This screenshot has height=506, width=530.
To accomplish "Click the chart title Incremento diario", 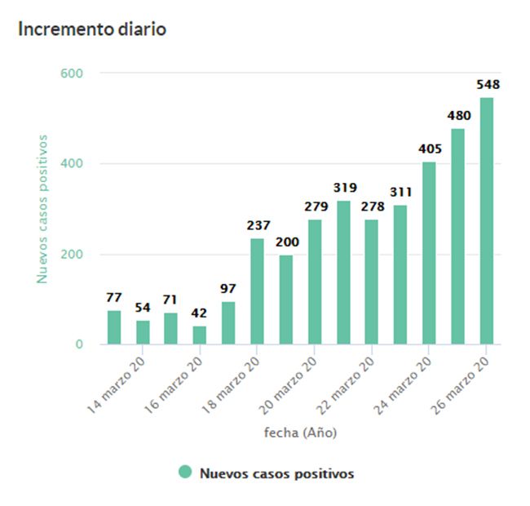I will point(92,29).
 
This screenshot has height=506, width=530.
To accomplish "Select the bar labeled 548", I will point(486,221).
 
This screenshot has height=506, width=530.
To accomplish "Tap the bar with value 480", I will point(457,237).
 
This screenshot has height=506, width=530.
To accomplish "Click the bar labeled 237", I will point(257,291).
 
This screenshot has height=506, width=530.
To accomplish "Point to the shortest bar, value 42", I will point(200,335).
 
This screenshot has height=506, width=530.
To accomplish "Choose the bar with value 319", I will point(343,273).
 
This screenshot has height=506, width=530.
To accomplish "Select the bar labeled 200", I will point(285,300).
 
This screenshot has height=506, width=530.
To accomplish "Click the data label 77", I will point(113,298).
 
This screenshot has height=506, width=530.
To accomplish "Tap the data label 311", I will point(400,193).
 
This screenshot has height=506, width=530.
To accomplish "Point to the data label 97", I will point(228,290).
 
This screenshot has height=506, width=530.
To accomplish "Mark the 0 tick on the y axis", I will point(79,344).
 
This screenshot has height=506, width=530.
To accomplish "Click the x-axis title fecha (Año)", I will point(300,433).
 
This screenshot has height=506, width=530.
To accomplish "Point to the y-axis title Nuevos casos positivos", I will point(42,209).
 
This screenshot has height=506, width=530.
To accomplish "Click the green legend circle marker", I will point(185,472).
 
